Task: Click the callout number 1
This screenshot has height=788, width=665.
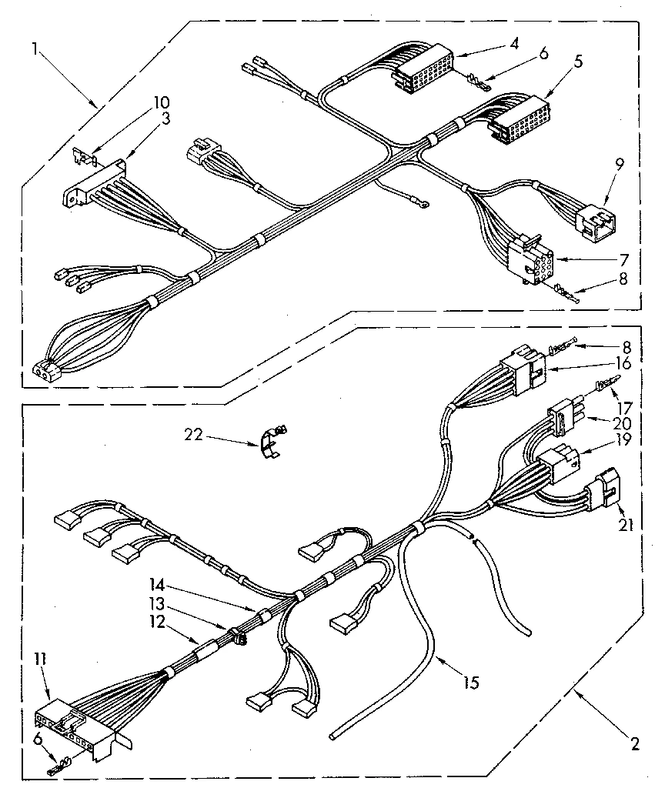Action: tap(35, 48)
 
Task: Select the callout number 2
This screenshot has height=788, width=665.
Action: tap(633, 743)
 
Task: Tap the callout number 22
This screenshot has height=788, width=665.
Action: tap(194, 434)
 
